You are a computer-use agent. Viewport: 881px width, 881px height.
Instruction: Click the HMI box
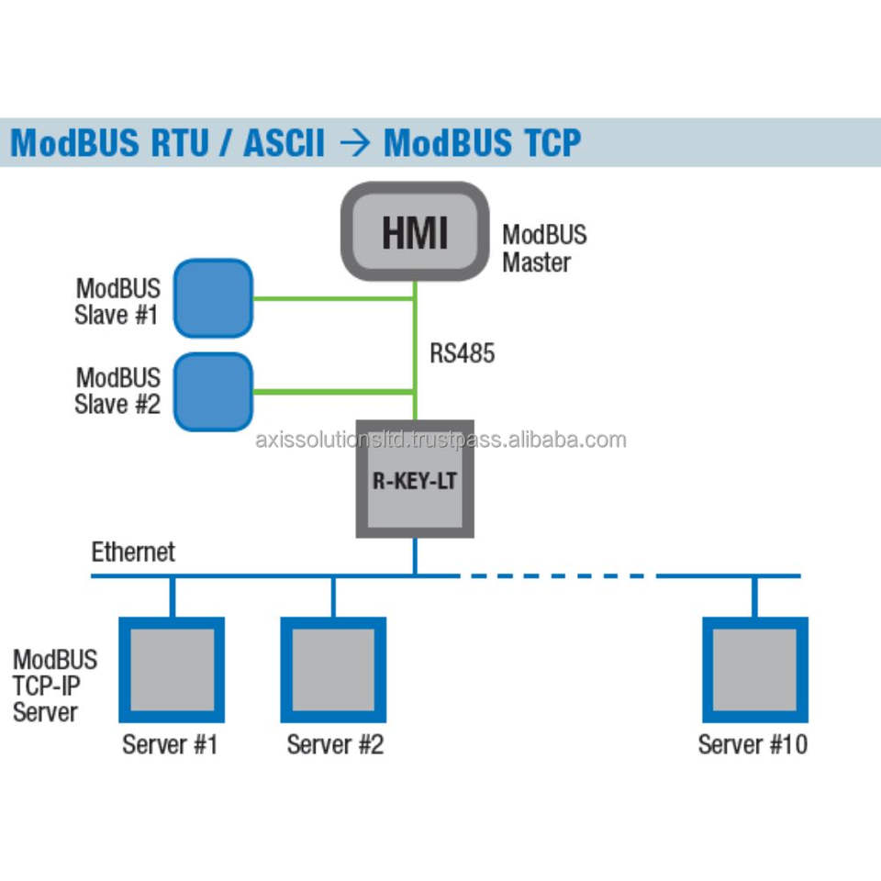[414, 230]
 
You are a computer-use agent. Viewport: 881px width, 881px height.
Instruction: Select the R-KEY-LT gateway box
[415, 479]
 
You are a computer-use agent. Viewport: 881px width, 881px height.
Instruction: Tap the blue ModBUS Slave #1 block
[213, 298]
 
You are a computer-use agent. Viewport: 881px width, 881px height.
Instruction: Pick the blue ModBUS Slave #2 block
[213, 392]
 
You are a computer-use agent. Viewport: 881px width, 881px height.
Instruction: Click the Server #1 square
[172, 670]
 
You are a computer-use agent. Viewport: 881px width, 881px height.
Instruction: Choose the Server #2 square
[332, 670]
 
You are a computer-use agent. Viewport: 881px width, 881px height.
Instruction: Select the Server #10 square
[754, 670]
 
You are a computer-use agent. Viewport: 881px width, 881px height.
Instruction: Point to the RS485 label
[462, 353]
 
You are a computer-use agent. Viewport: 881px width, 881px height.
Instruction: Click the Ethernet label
[133, 552]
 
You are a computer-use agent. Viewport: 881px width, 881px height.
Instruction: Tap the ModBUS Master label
[543, 248]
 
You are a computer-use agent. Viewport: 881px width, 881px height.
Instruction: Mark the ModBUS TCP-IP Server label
[54, 686]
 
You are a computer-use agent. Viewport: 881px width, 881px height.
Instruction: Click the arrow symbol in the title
[353, 143]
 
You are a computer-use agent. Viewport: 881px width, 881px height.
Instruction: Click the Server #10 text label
[753, 743]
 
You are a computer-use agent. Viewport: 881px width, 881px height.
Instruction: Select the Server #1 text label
[170, 743]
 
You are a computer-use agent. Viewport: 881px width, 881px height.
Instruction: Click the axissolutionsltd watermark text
[440, 440]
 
